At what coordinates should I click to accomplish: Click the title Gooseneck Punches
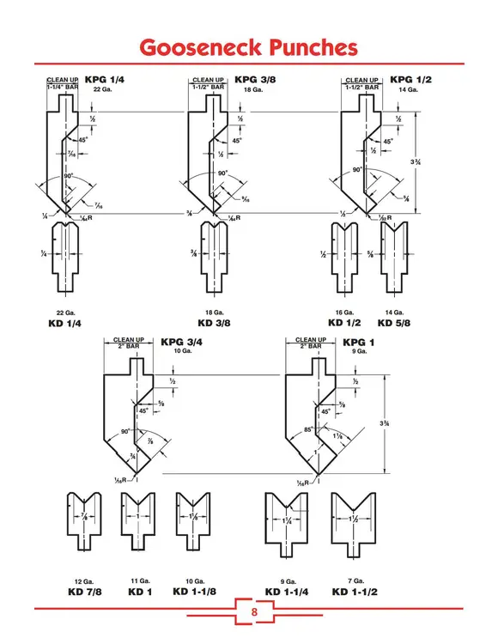click(248, 46)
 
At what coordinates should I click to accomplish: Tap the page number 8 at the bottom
click(253, 612)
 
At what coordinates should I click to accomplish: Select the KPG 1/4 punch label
click(105, 80)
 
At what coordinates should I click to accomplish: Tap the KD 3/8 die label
click(216, 323)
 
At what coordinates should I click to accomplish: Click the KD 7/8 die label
click(84, 592)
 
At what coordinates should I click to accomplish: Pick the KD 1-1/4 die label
click(287, 592)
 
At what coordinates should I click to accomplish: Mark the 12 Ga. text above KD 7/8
click(84, 581)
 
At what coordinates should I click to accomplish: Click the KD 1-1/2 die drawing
click(355, 523)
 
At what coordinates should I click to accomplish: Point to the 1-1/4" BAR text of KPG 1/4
click(64, 88)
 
